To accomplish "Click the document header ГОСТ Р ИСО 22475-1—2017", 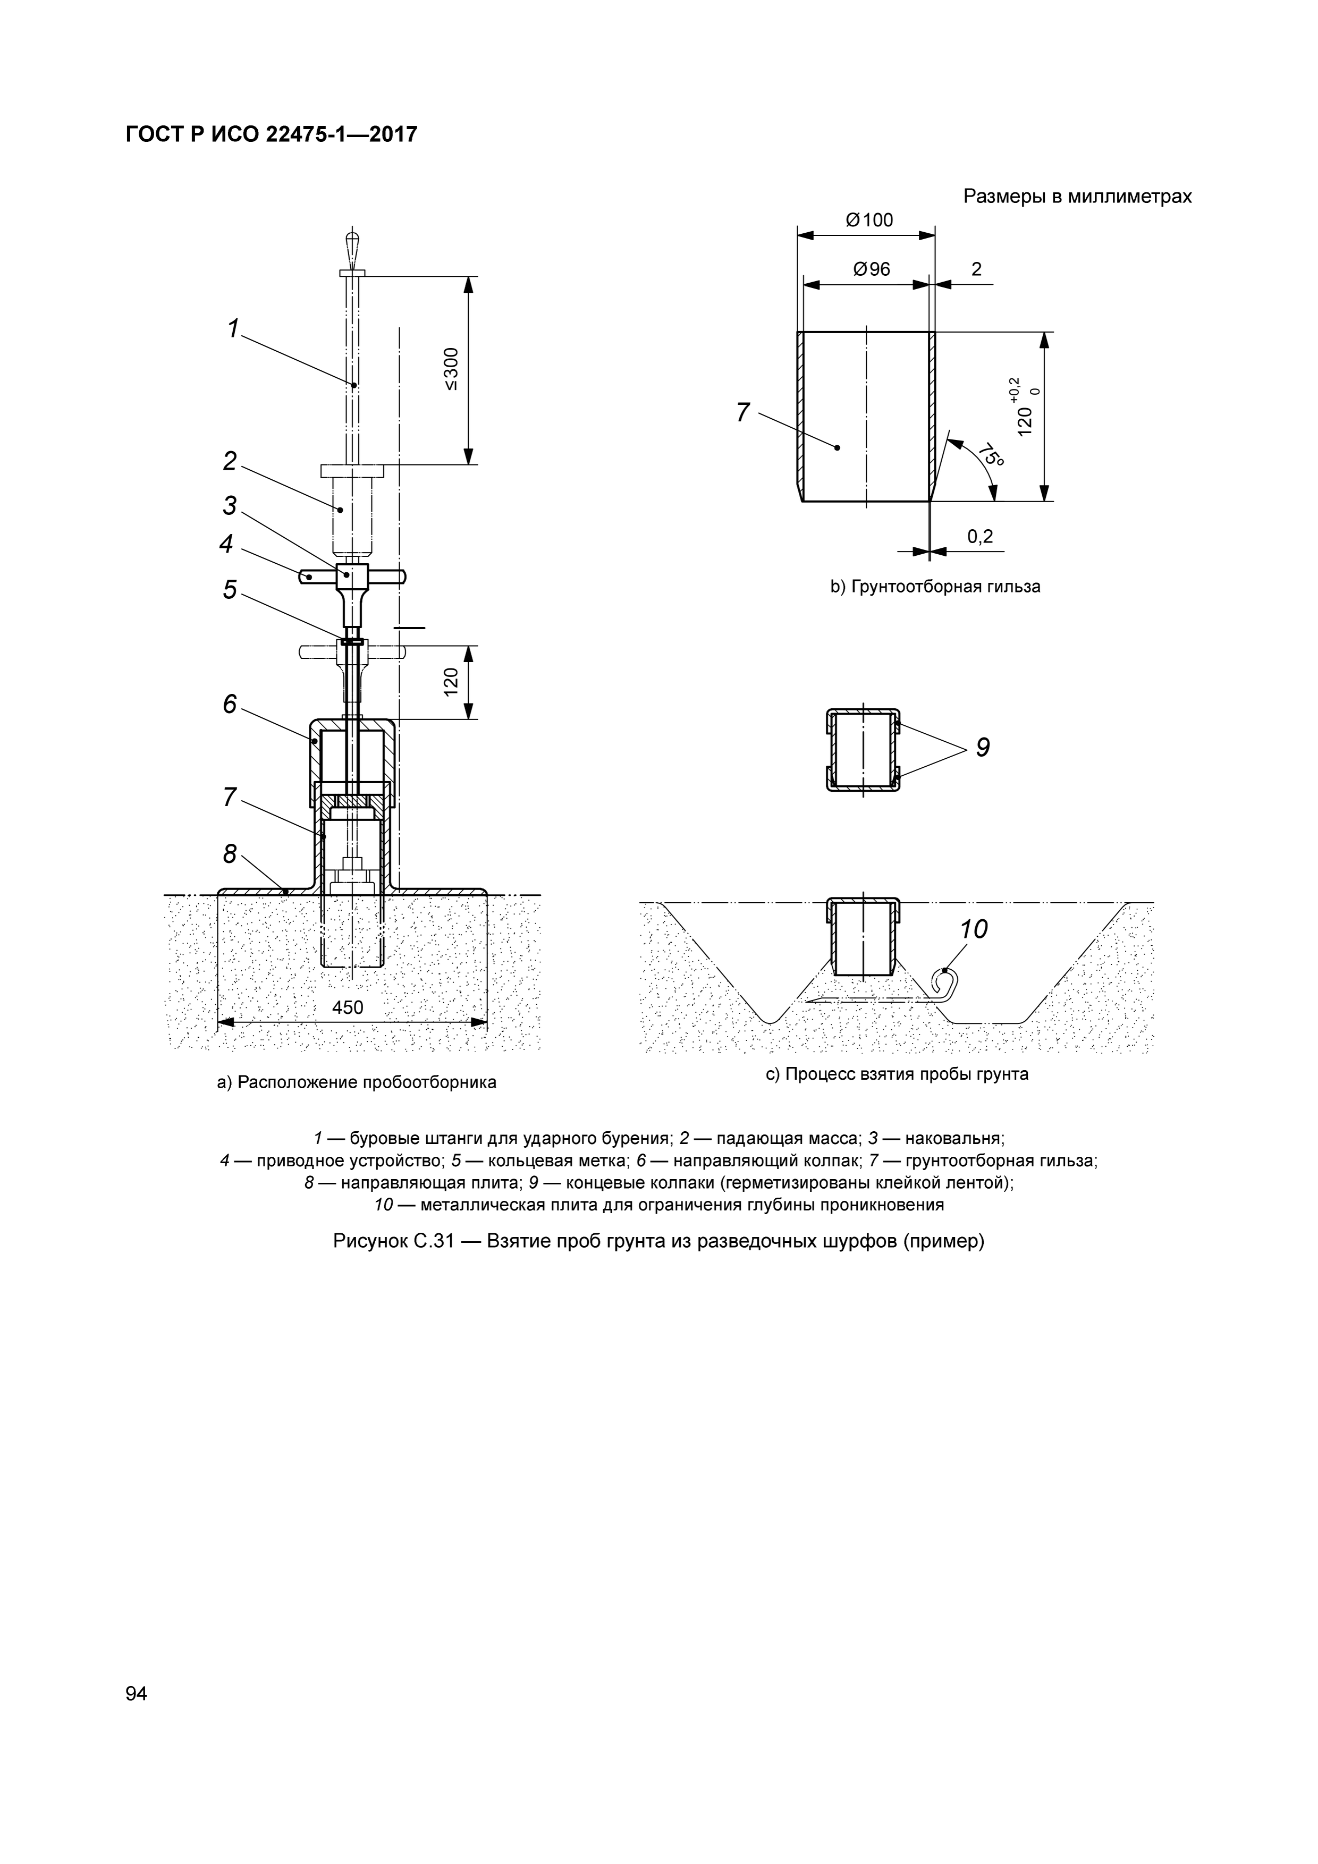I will tap(271, 134).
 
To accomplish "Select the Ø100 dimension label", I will tap(868, 220).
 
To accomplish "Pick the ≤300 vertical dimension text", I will tap(452, 369).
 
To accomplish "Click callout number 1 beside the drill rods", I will tap(233, 329).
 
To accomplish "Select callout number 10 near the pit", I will tap(974, 929).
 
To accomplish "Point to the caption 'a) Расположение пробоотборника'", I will tap(357, 1082).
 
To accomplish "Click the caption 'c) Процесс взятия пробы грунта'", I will tap(897, 1074).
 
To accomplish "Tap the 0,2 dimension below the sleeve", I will tap(980, 537).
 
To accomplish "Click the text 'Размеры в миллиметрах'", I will tap(1077, 197).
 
